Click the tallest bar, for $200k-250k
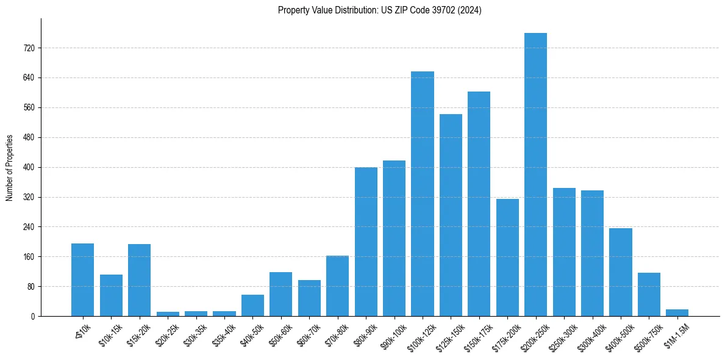point(535,175)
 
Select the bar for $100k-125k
point(423,194)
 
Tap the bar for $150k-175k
point(479,204)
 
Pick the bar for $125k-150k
point(451,215)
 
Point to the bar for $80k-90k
point(366,242)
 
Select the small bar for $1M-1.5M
point(677,312)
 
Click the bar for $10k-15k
point(111,295)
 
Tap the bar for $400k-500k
point(620,272)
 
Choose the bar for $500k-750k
point(649,294)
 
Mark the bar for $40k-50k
point(252,305)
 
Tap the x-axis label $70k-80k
point(337,333)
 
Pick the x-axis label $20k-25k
point(167,333)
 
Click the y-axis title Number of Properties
point(10,167)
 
